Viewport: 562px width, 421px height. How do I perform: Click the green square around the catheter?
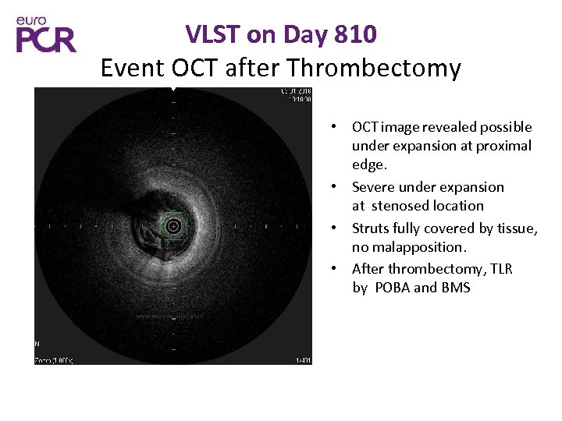173,226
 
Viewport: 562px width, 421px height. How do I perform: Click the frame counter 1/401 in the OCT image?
303,359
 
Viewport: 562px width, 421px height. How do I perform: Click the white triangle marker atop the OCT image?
173,90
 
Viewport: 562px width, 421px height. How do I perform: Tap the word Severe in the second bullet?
373,187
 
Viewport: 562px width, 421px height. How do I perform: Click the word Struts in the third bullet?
370,228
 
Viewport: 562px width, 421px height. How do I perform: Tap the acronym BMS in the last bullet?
455,288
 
